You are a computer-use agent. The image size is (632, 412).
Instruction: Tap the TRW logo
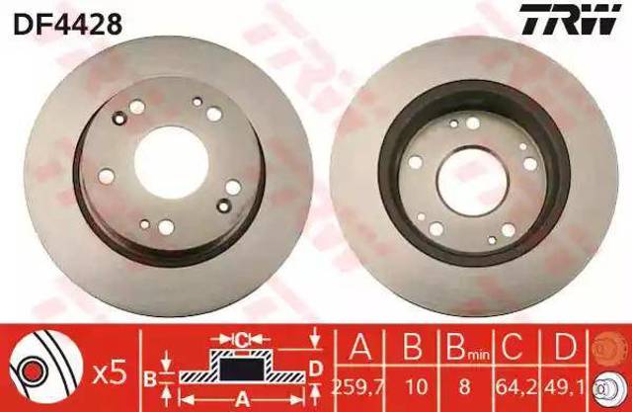569,20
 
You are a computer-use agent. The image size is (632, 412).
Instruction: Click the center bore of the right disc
472,182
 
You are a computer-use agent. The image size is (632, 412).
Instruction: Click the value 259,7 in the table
357,387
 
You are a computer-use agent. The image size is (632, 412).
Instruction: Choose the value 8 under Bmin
464,387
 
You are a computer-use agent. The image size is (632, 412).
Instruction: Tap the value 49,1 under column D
566,387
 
